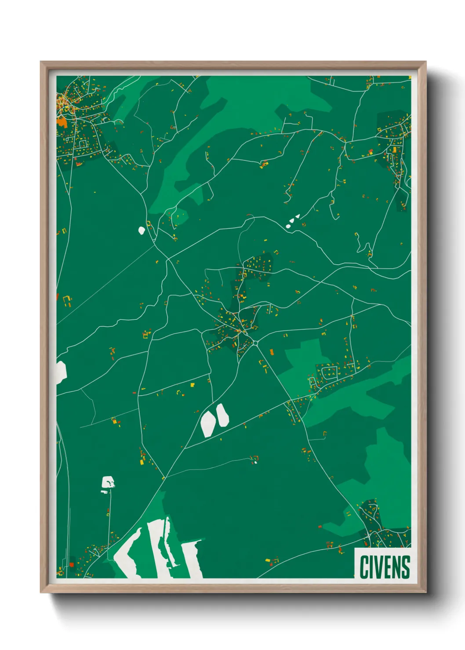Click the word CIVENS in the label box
385,567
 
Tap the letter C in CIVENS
364,567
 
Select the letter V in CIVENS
379,567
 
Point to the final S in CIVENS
406,567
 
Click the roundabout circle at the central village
255,343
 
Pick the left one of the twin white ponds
207,424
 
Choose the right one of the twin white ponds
222,415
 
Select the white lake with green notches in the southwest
108,482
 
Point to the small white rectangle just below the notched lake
104,492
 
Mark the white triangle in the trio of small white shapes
298,216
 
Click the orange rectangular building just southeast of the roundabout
271,351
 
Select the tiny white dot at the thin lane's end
255,462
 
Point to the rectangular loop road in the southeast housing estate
330,373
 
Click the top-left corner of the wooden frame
41,62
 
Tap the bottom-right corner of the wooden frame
425,592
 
